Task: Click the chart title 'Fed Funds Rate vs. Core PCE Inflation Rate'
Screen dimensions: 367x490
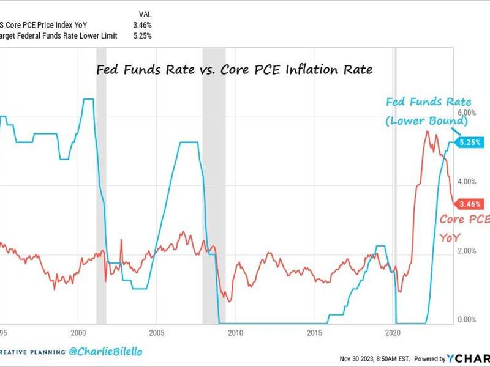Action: point(235,70)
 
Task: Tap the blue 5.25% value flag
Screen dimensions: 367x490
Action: point(473,143)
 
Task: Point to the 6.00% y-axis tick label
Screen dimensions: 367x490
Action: point(467,114)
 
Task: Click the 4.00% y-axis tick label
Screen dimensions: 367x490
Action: point(467,182)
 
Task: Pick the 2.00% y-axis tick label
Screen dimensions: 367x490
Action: point(467,251)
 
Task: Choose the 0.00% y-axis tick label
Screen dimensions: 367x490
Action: point(467,319)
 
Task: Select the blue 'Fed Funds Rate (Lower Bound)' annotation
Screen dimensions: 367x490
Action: point(426,112)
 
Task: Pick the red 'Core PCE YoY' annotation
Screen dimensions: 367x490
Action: point(463,228)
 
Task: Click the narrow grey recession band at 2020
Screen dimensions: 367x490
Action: point(395,183)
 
